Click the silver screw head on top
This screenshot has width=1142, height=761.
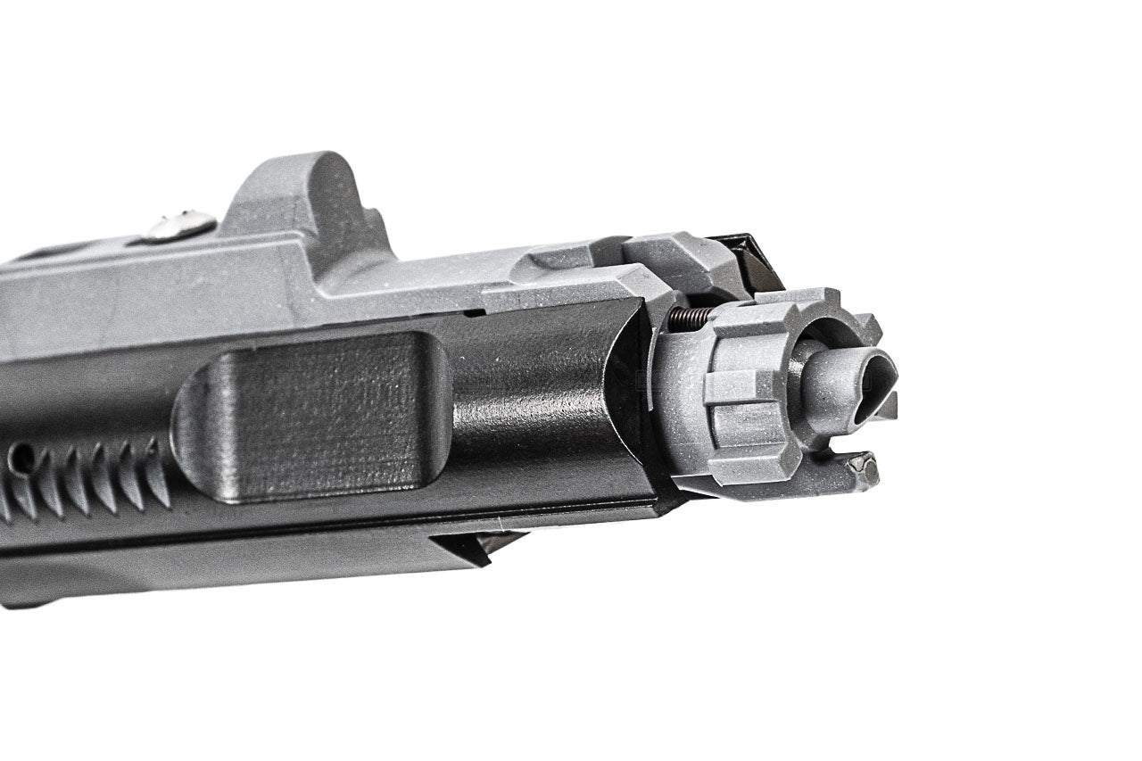(x=180, y=226)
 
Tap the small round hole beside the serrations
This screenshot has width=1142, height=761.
(x=21, y=458)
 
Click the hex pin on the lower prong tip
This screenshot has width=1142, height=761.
(x=861, y=465)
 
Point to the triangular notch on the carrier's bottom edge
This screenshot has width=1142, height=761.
(x=473, y=546)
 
